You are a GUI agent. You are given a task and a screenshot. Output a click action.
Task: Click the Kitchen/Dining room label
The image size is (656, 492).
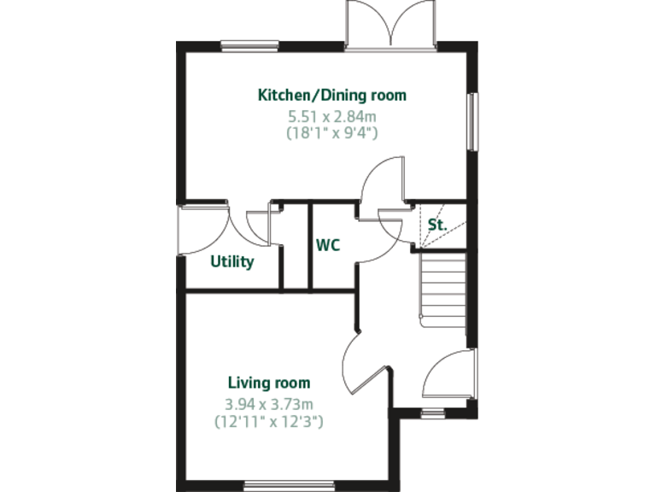(332, 95)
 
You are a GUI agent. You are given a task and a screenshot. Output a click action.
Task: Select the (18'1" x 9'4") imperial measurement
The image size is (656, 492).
(332, 132)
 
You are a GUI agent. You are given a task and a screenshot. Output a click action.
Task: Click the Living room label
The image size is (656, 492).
(268, 383)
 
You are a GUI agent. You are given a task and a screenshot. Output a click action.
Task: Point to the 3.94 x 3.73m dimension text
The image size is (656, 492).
(268, 403)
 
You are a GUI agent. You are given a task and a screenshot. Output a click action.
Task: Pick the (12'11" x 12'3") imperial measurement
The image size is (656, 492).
(268, 421)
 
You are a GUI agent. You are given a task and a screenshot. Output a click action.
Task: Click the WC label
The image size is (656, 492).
(328, 246)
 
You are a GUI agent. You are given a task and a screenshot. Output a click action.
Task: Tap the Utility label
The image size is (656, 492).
(232, 262)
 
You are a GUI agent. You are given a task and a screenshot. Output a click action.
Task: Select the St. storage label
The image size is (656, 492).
(437, 226)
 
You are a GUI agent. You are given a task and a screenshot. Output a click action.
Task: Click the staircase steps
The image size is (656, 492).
(442, 287)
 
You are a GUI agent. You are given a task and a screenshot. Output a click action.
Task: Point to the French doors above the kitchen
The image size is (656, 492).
(390, 24)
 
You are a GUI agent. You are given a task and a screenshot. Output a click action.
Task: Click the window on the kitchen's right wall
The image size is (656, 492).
(472, 120)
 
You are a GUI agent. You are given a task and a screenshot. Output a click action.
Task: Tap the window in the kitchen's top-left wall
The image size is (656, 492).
(249, 44)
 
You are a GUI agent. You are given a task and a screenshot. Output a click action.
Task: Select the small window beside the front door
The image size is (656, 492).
(434, 413)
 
